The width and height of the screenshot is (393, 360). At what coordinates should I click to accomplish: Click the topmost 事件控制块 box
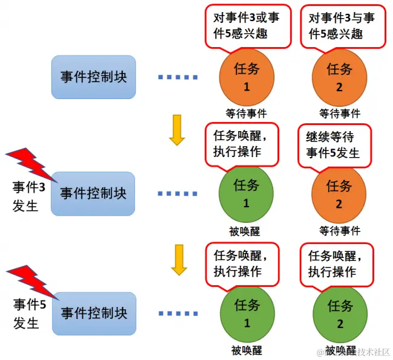tap(93, 77)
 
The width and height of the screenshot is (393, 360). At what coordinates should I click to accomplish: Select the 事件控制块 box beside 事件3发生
tap(93, 193)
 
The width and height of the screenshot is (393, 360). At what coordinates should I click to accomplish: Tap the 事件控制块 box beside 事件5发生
tap(93, 313)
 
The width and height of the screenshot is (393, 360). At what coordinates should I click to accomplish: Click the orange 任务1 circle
tap(246, 77)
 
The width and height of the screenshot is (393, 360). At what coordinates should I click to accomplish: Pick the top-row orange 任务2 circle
tap(339, 77)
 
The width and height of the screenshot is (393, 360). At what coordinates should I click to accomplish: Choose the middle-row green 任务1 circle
tap(246, 193)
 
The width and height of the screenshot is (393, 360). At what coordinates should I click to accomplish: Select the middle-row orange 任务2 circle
tap(339, 193)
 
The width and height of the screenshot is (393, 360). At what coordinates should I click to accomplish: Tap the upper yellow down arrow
tap(177, 130)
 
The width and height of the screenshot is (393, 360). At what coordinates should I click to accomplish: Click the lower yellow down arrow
tap(177, 259)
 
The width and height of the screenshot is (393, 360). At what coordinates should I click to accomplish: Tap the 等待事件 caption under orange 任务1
tap(246, 113)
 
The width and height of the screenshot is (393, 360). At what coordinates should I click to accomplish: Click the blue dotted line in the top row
tap(178, 77)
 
